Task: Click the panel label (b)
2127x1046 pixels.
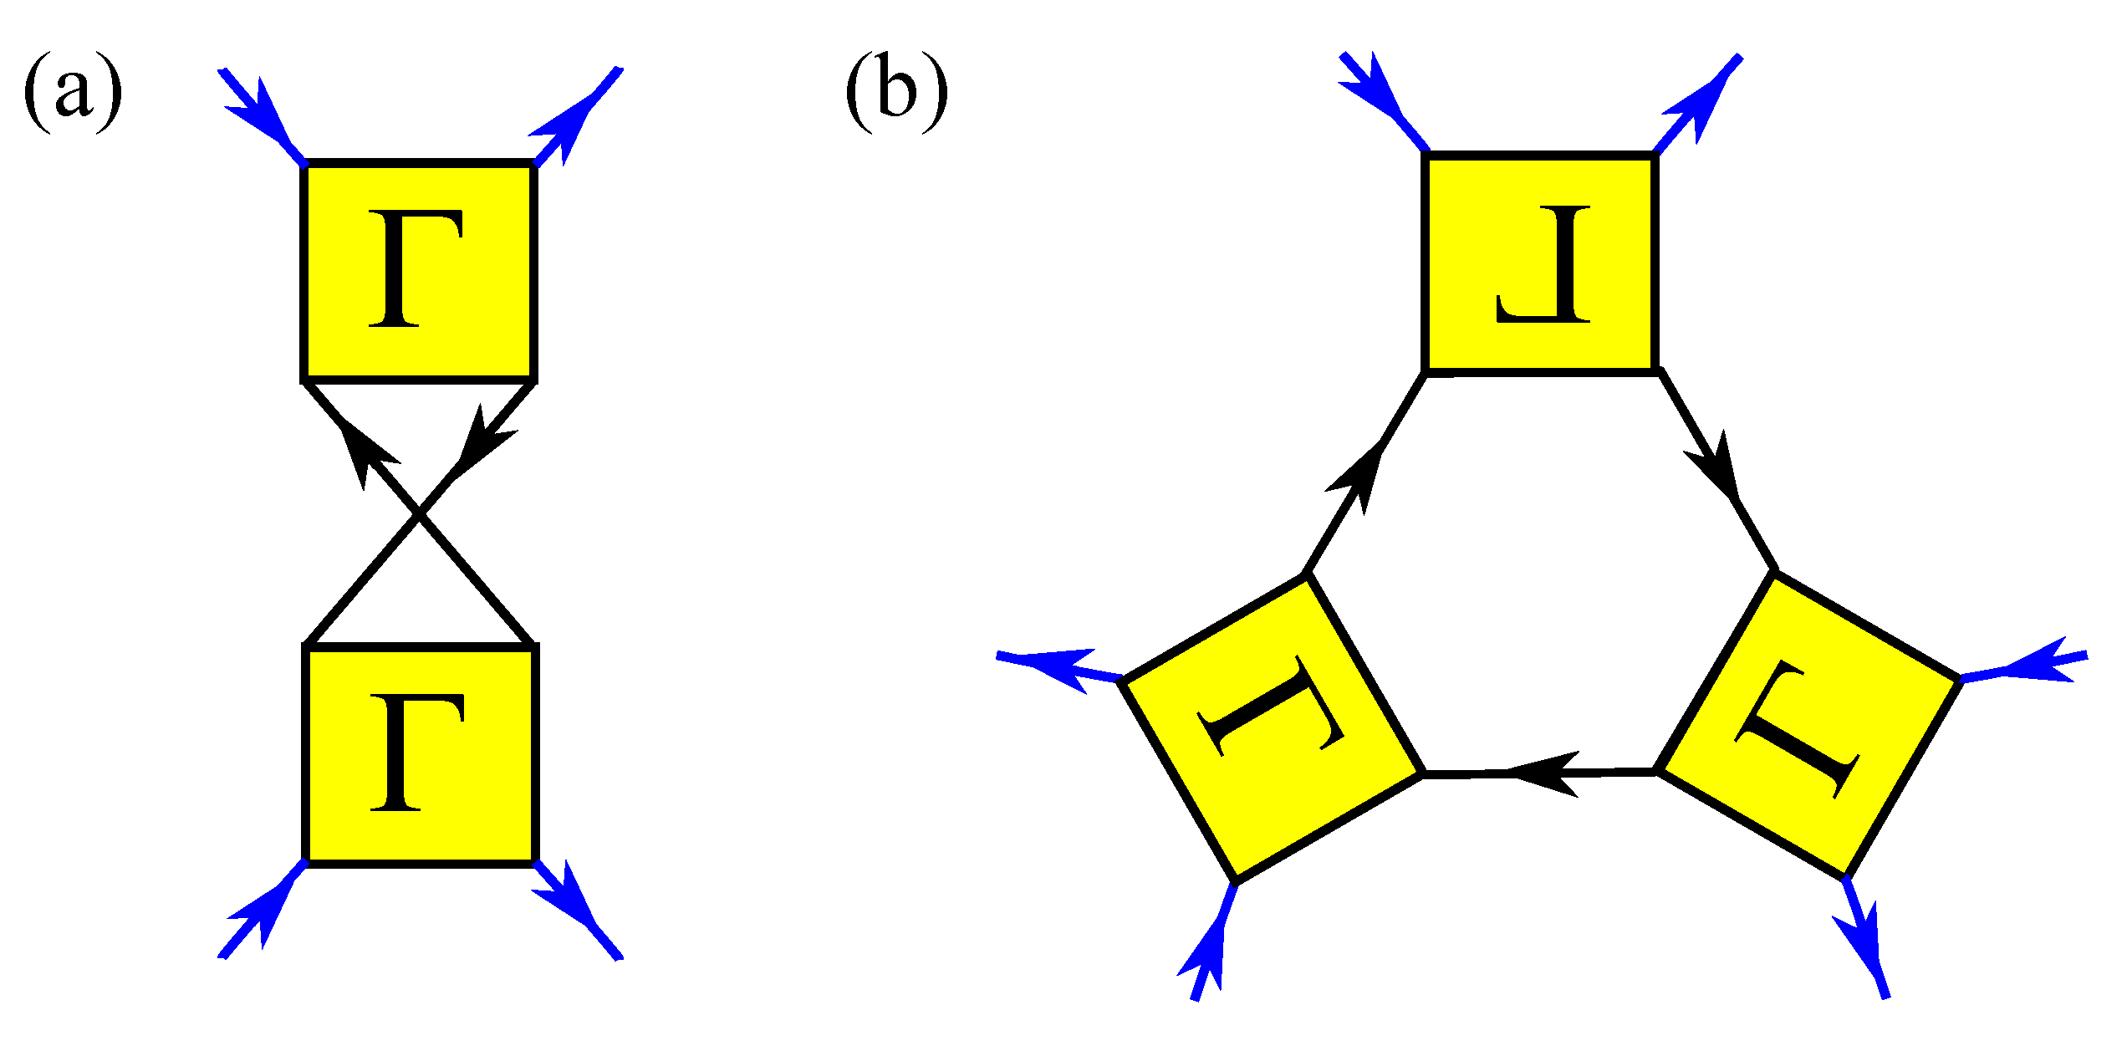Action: (x=896, y=92)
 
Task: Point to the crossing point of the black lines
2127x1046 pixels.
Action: (x=419, y=516)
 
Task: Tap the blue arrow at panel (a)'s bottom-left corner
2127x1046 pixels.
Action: (x=259, y=913)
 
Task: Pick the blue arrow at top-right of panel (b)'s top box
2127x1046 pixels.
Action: (x=1700, y=103)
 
